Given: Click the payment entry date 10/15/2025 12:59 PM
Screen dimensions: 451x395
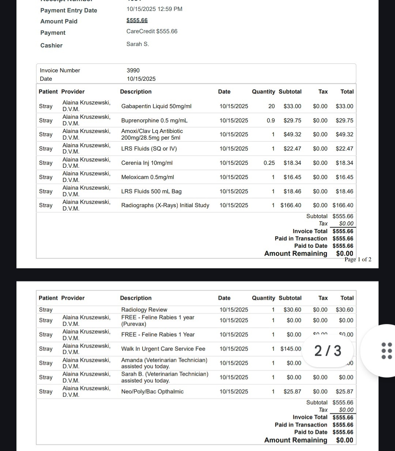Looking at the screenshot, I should (x=154, y=9).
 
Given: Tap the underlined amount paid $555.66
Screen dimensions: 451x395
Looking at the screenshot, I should (x=137, y=20).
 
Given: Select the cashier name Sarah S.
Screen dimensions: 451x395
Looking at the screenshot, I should (x=138, y=44).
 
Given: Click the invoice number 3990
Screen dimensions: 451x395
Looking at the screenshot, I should (x=133, y=71).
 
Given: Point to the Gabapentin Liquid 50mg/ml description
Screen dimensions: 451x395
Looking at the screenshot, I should (x=156, y=106).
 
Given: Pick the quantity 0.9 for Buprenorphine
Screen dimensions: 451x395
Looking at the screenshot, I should (x=271, y=121).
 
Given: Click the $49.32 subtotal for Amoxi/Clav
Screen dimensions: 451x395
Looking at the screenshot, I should (x=292, y=134).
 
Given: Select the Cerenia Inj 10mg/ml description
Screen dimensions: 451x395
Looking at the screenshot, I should (x=147, y=163).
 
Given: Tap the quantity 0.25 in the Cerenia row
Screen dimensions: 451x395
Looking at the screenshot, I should (x=269, y=163).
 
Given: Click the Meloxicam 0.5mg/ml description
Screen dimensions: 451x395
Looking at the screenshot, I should (x=147, y=177).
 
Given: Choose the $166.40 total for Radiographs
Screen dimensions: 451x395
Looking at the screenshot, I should (x=343, y=205).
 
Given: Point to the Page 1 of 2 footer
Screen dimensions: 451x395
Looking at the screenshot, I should (x=358, y=259).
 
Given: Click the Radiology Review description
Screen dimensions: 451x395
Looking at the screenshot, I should (x=144, y=310).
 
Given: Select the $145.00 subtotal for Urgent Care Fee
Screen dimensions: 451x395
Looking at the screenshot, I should (x=291, y=349).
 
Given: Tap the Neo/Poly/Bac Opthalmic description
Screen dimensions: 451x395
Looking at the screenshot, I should (x=152, y=392).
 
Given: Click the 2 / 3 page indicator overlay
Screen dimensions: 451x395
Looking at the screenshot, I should (x=328, y=351).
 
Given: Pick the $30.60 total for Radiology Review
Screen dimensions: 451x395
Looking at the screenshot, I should (x=345, y=310).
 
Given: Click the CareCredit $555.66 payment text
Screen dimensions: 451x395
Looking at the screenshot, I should (x=152, y=31).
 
